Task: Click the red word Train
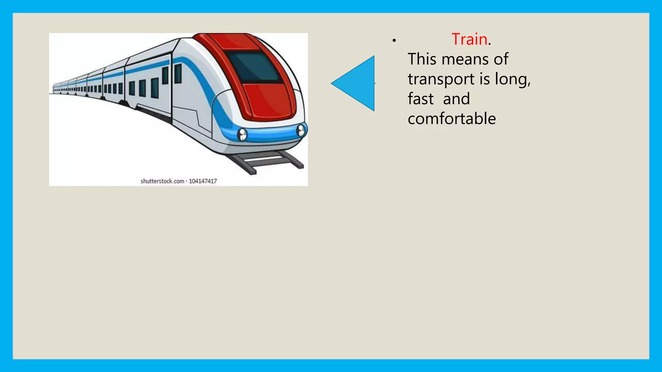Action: point(469,39)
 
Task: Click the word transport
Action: point(439,79)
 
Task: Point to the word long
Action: point(512,79)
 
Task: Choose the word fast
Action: point(421,99)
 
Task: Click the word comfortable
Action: point(452,119)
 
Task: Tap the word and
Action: point(456,99)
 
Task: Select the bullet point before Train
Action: point(394,41)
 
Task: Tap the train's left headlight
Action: point(242,134)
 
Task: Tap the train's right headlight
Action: point(301,130)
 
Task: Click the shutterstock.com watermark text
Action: point(162,181)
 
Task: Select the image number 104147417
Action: point(203,181)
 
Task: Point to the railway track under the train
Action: point(268,161)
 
